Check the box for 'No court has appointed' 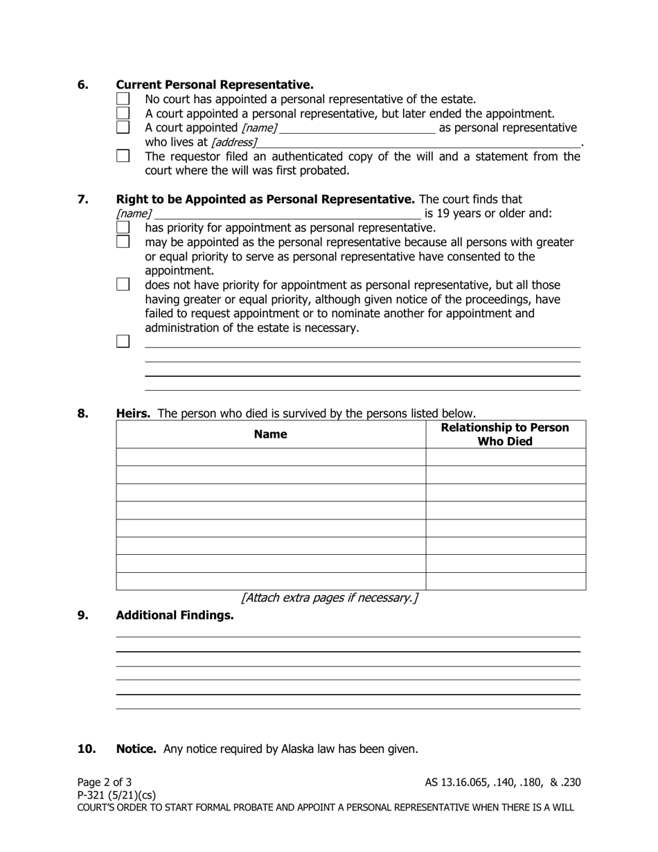click(x=123, y=100)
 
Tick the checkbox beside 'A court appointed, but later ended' click(x=123, y=114)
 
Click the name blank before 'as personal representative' click(x=357, y=128)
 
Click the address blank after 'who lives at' click(x=418, y=142)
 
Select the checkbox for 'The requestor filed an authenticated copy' click(x=123, y=157)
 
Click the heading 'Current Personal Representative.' click(x=215, y=85)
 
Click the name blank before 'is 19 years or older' click(x=287, y=213)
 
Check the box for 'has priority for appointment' click(x=123, y=228)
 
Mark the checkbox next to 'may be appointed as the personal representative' click(x=123, y=242)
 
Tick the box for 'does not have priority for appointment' click(x=123, y=285)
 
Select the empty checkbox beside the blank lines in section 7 click(x=123, y=341)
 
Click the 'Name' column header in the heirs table click(x=270, y=434)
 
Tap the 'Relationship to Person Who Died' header click(x=505, y=434)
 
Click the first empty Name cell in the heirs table click(x=270, y=457)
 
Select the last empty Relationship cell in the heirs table click(x=505, y=581)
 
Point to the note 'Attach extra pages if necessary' click(x=329, y=598)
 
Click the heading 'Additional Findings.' click(x=175, y=615)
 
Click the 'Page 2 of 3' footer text click(x=105, y=783)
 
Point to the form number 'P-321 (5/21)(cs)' click(x=116, y=795)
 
